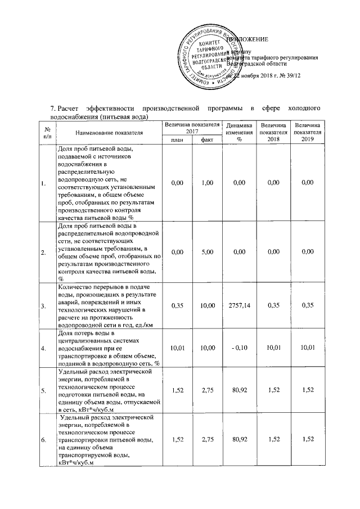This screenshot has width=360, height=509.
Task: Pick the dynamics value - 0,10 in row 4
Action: [238, 349]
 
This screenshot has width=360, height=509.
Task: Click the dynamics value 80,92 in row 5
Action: [238, 388]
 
